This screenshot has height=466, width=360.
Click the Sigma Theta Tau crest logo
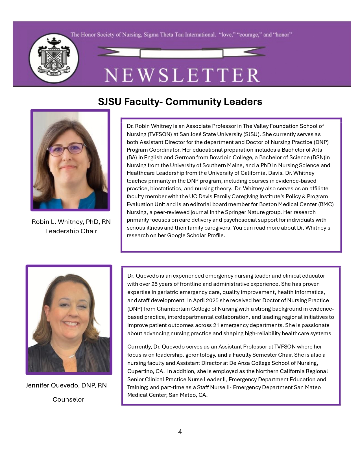pyautogui.click(x=54, y=58)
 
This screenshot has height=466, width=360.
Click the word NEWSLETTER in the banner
pyautogui.click(x=182, y=75)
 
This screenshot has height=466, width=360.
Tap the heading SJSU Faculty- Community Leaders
pyautogui.click(x=180, y=102)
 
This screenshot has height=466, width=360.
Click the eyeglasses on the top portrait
pyautogui.click(x=67, y=149)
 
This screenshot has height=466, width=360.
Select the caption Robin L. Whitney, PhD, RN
pyautogui.click(x=71, y=222)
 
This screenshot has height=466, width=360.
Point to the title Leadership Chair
pyautogui.click(x=71, y=231)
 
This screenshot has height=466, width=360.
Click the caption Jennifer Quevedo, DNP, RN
pyautogui.click(x=66, y=385)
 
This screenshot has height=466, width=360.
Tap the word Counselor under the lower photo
pyautogui.click(x=68, y=399)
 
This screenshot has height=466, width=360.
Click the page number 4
pyautogui.click(x=180, y=432)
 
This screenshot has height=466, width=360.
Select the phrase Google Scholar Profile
pyautogui.click(x=196, y=235)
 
